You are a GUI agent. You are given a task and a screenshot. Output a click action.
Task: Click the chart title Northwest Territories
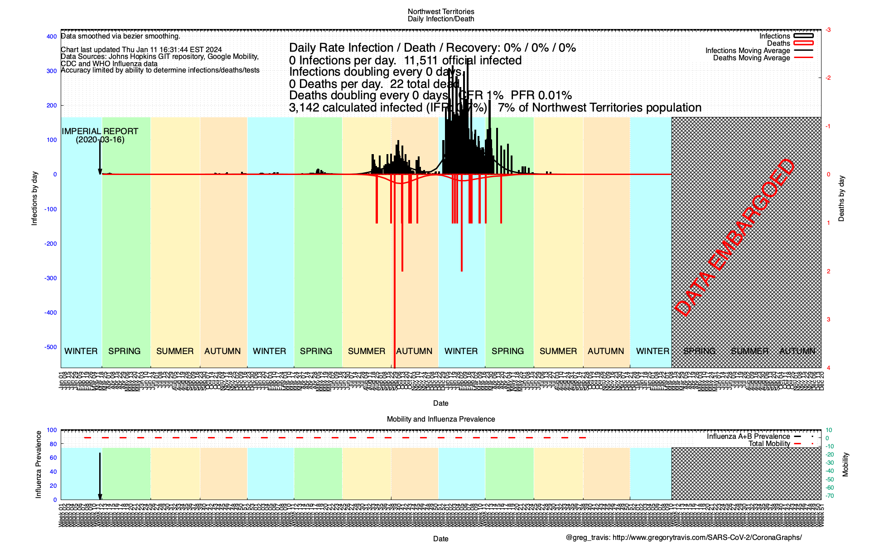click(440, 12)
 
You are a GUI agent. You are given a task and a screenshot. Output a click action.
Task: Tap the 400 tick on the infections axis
click(52, 37)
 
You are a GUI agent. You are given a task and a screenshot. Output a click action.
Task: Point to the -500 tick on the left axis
click(51, 347)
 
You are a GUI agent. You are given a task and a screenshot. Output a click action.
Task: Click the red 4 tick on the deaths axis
click(828, 368)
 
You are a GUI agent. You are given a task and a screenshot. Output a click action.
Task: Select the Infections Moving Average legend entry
click(747, 51)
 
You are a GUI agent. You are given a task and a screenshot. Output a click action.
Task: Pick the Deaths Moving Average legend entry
click(751, 58)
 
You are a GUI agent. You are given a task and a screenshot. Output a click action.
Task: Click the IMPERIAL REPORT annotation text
click(100, 131)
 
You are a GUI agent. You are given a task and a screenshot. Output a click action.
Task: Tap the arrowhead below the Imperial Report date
click(100, 171)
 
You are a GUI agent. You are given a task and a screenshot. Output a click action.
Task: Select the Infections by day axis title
click(34, 199)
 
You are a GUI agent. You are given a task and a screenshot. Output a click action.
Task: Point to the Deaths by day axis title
click(841, 199)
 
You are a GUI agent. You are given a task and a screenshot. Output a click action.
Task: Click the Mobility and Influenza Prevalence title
click(440, 419)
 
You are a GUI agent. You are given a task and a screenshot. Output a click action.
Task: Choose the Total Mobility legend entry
click(769, 444)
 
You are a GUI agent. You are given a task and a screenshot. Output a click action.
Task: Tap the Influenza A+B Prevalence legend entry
click(748, 437)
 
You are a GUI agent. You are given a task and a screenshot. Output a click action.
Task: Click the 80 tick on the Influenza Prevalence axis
click(53, 444)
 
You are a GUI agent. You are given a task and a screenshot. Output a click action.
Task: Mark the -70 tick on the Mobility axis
click(829, 496)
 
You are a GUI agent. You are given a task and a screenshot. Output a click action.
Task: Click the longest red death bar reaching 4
click(395, 272)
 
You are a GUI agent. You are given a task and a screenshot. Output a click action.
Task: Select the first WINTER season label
click(81, 351)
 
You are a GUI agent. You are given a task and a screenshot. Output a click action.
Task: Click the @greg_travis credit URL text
click(683, 538)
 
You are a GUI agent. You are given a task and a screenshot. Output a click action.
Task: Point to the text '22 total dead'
click(425, 84)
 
